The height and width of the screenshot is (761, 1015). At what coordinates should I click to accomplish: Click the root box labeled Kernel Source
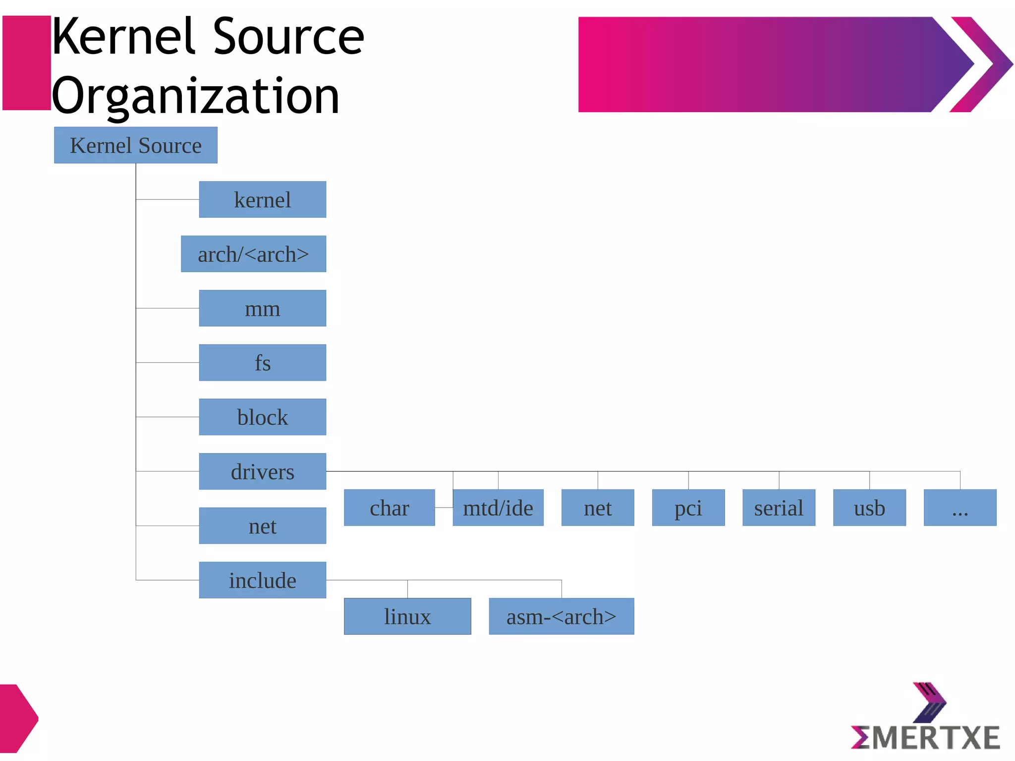(x=135, y=145)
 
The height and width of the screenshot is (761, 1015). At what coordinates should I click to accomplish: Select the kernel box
(x=262, y=199)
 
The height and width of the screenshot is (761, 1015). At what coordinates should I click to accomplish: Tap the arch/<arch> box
(x=253, y=254)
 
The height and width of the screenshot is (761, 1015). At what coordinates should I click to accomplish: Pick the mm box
(x=262, y=308)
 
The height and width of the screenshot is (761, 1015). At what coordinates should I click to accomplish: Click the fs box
(x=262, y=362)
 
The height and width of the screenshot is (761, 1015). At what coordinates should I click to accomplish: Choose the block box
(x=262, y=417)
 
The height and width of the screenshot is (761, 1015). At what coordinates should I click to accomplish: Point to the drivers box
(x=262, y=471)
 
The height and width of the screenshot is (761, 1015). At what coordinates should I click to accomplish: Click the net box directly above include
(x=262, y=526)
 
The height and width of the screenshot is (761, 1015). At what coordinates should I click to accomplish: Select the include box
(x=262, y=580)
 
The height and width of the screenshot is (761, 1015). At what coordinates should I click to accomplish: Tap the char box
(x=389, y=508)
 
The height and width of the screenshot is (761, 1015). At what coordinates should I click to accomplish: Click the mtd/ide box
(x=498, y=508)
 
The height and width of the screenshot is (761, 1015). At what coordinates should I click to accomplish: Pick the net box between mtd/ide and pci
(x=597, y=508)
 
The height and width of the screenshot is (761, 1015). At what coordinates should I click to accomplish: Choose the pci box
(x=688, y=508)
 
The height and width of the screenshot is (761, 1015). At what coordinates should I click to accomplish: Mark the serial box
(x=779, y=508)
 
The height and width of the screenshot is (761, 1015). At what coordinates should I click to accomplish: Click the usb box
(x=869, y=508)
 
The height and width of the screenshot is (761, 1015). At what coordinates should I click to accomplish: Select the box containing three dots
(x=960, y=508)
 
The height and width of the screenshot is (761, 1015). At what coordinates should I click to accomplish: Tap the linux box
(x=407, y=616)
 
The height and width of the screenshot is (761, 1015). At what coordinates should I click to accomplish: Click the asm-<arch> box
(x=561, y=616)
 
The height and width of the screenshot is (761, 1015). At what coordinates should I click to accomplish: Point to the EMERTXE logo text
(x=925, y=738)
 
